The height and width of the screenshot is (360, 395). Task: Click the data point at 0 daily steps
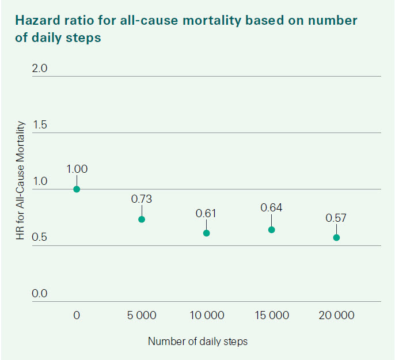point(77,189)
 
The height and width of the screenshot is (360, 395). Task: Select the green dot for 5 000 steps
point(142,219)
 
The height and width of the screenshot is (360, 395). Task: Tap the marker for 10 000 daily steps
point(207,233)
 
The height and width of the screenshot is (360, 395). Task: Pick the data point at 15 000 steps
point(272,230)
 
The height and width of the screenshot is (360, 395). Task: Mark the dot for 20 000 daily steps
point(336,237)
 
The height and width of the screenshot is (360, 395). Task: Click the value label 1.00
point(77,169)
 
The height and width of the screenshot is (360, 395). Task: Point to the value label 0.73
point(142,199)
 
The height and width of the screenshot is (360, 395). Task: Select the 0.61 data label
point(207,213)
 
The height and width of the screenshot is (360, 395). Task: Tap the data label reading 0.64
point(272,208)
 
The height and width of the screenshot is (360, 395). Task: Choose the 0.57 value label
point(336,218)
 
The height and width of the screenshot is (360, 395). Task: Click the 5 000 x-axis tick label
point(142,316)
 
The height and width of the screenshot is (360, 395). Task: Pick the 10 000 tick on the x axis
point(207,316)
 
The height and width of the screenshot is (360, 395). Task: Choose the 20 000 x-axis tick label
point(336,316)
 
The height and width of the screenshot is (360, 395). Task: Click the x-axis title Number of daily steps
point(197,341)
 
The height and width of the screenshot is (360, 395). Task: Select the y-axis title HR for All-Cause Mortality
point(22,181)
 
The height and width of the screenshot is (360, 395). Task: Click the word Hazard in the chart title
point(36,21)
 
